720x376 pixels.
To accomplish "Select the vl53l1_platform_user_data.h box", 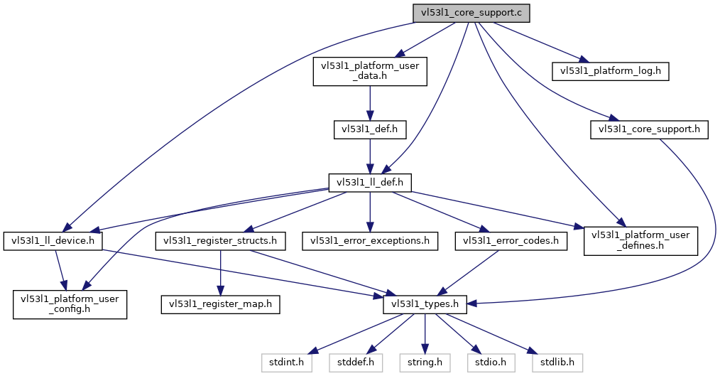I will [x=370, y=72].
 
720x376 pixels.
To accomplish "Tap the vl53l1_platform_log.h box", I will [x=611, y=71].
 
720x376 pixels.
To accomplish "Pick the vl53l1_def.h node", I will [x=369, y=129].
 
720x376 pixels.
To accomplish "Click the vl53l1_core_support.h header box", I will [x=649, y=129].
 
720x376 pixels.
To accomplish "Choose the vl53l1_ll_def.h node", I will [x=369, y=182].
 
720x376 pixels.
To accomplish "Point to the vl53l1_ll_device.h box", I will [x=53, y=240].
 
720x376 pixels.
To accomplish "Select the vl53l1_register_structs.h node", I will [x=221, y=240].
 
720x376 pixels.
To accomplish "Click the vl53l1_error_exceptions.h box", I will [x=369, y=240].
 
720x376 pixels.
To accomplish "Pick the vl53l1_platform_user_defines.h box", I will [x=640, y=240].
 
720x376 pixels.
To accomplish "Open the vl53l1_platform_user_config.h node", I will [x=69, y=304].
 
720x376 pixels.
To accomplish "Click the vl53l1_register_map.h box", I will [x=220, y=304].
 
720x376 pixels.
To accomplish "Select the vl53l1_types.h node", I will [x=425, y=304].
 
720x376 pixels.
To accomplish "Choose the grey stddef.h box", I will [x=356, y=362].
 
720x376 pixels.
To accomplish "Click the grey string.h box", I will [x=425, y=362].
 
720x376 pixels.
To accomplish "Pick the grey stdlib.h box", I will [x=557, y=362].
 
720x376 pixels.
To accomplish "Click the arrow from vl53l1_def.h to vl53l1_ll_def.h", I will [x=369, y=156].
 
